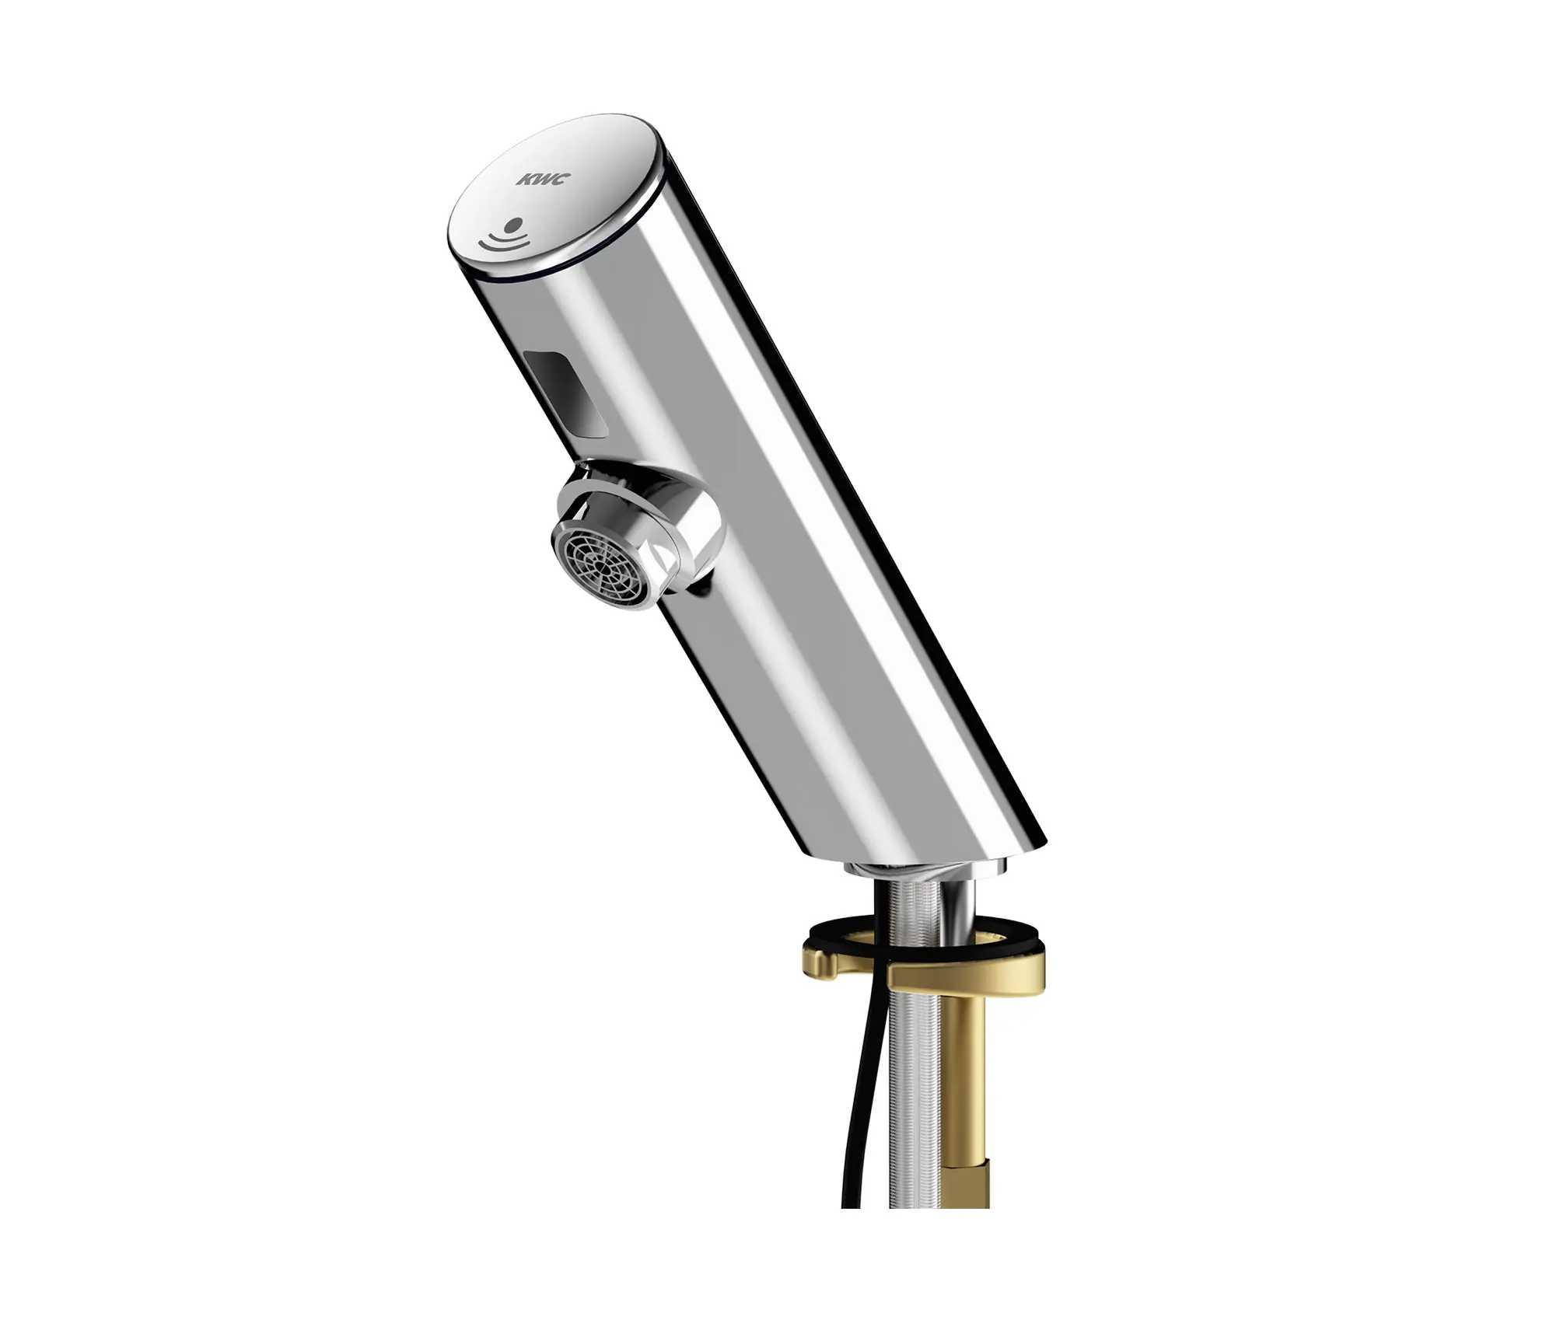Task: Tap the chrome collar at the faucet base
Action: click(918, 869)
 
